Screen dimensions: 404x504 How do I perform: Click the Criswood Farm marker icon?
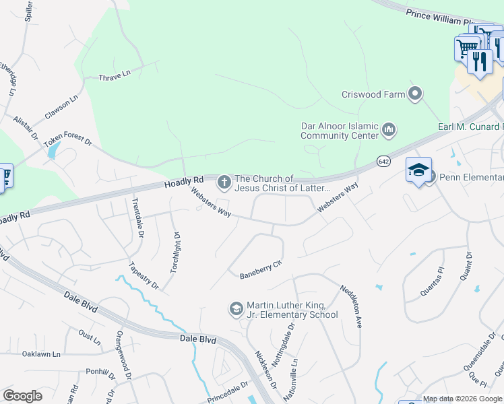pos(416,94)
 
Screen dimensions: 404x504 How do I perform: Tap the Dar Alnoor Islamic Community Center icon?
pos(388,129)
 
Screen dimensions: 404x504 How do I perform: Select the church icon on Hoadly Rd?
pos(224,182)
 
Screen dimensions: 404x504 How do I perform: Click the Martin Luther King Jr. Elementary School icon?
pos(236,309)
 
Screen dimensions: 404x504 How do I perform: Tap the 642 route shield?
pos(383,162)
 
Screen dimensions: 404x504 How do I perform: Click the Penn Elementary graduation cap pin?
pos(418,171)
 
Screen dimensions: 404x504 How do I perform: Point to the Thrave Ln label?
pos(115,77)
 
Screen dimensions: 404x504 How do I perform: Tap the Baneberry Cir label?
pos(259,269)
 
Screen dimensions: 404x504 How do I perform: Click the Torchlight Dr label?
pos(176,252)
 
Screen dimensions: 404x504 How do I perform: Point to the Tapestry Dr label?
pos(144,275)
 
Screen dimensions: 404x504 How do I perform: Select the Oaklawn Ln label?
pos(41,353)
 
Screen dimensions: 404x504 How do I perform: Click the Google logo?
pos(23,396)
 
